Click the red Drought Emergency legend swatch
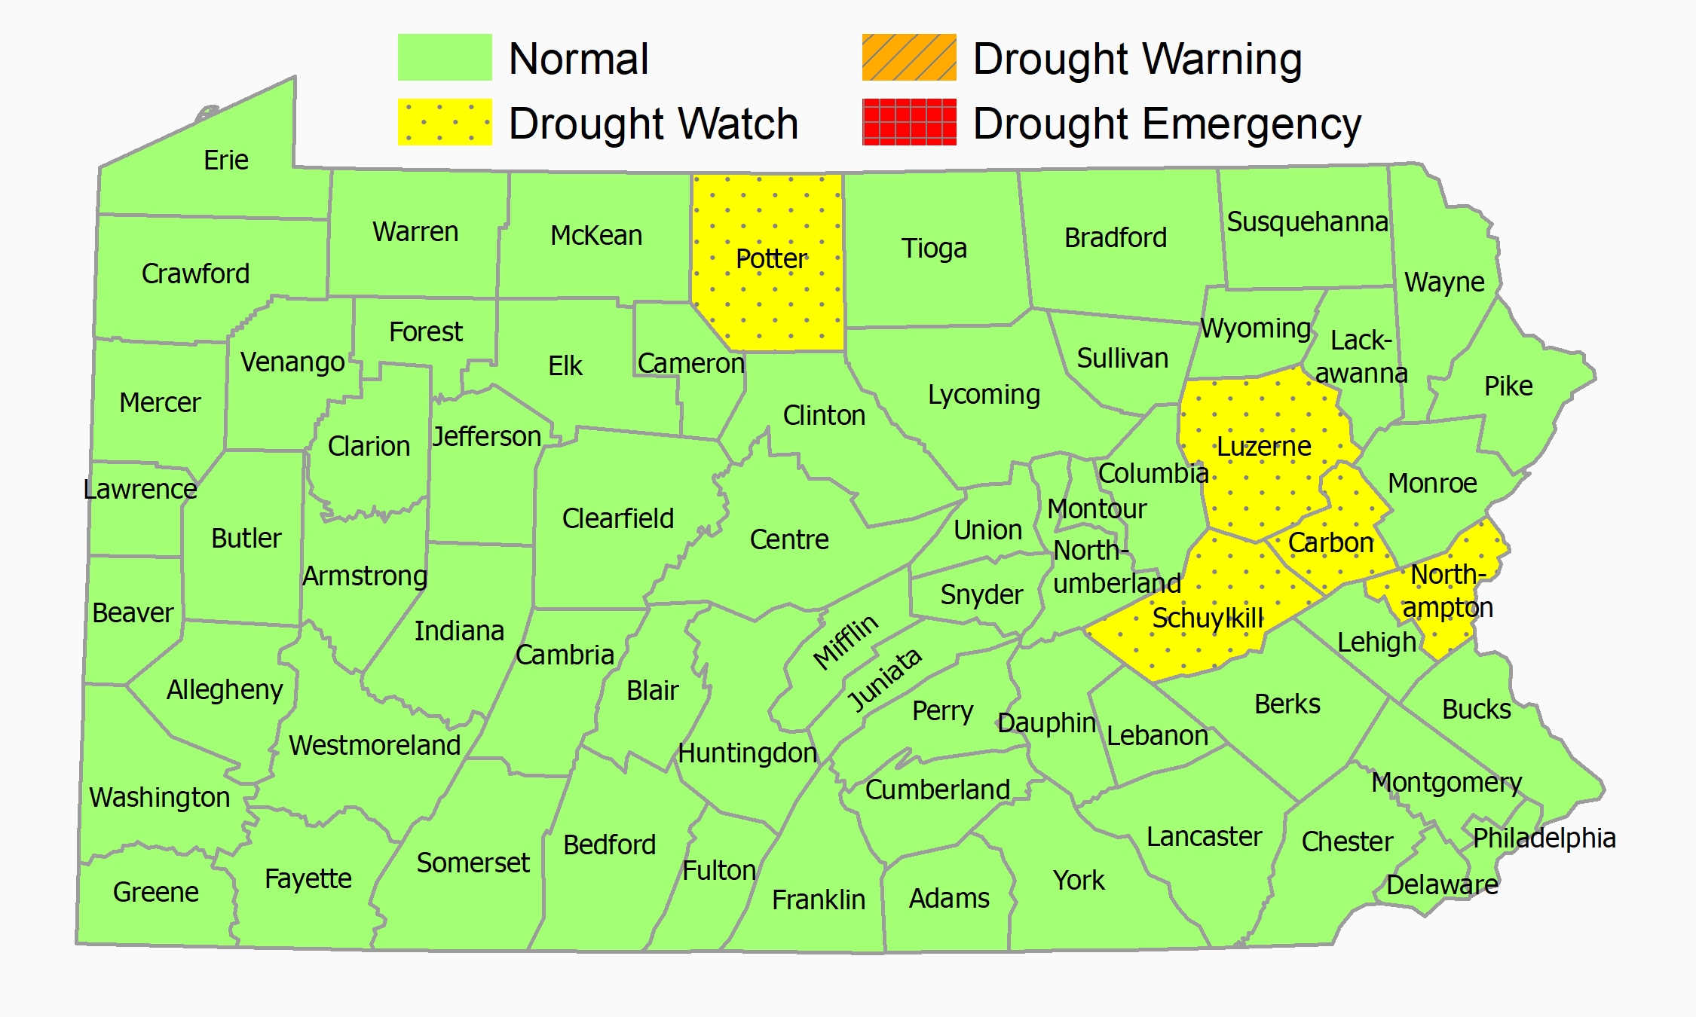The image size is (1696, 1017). (909, 122)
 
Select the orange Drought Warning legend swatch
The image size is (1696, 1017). (909, 57)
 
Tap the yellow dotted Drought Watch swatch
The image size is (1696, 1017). (445, 122)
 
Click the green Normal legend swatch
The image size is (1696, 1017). (445, 57)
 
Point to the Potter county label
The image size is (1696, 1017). (771, 259)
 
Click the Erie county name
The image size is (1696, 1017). (226, 160)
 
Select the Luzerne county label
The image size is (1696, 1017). (1264, 447)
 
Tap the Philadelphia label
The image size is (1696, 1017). (1544, 838)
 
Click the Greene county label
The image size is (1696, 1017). (156, 893)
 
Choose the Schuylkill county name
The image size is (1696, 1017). (1208, 618)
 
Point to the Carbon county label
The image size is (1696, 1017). (1330, 543)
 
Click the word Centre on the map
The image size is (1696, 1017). (789, 540)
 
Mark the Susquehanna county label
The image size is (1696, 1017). (1307, 222)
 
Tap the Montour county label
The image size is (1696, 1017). (1097, 509)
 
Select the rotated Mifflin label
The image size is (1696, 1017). (846, 642)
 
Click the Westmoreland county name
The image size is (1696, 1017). (375, 746)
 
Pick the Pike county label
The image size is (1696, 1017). (1508, 386)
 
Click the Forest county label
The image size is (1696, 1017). (426, 332)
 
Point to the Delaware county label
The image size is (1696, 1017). (1442, 885)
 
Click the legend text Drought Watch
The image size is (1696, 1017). (654, 124)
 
